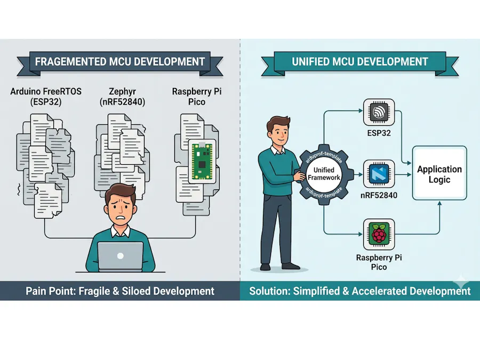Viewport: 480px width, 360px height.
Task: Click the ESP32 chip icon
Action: coord(379,112)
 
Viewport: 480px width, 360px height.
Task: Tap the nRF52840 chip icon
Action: coord(379,174)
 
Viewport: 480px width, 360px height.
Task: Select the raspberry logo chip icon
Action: coord(379,234)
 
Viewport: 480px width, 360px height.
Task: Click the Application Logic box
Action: coord(439,173)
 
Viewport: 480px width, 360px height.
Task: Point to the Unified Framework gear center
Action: coord(324,174)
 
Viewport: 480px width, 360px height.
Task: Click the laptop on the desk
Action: coord(121,257)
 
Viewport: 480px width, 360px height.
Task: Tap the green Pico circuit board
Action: coord(202,161)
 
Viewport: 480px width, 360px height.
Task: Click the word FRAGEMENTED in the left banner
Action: coord(70,62)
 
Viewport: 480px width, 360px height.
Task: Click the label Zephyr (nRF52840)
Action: coord(123,97)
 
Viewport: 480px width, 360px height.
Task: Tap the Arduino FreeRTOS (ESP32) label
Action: coord(46,97)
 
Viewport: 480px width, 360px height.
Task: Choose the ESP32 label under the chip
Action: coord(379,133)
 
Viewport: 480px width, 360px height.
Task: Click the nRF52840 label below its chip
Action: coord(379,195)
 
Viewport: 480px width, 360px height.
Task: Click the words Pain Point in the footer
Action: coord(51,291)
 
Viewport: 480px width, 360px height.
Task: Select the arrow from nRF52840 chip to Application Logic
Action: coord(403,174)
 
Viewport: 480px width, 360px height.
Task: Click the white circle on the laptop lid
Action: coord(121,256)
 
